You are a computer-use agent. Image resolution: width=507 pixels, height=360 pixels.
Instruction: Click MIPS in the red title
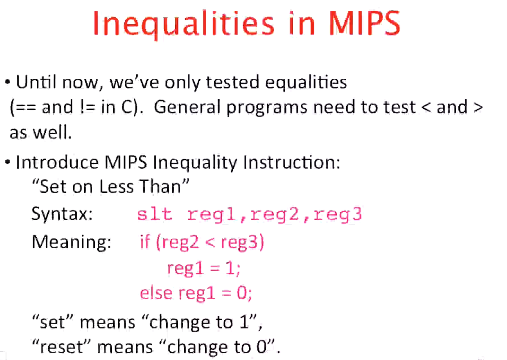pos(365,24)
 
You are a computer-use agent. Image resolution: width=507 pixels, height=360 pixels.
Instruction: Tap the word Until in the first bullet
pos(37,82)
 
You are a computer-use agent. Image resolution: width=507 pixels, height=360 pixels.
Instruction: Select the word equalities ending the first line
pos(306,82)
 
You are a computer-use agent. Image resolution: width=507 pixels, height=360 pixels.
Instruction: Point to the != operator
pos(87,108)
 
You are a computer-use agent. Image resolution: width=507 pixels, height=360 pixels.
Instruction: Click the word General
pos(187,108)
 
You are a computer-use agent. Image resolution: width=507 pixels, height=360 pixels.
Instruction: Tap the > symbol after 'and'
pos(477,108)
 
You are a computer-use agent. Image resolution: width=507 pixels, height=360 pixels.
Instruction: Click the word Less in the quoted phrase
pos(117,187)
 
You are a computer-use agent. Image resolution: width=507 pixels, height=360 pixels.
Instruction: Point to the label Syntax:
pos(62,215)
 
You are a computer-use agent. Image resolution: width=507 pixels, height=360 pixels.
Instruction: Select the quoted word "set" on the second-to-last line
pos(52,323)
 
